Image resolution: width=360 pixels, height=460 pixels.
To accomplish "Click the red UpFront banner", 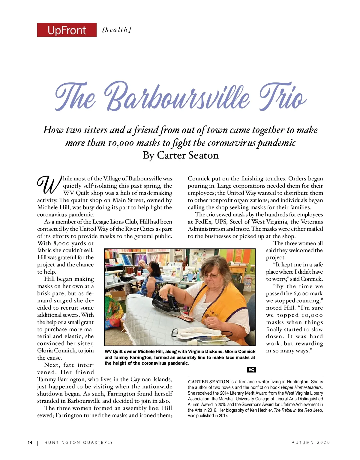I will click(67, 30).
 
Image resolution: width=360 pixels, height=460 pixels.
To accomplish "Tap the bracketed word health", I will click(117, 30).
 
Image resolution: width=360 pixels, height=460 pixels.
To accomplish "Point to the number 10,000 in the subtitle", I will click(121, 143).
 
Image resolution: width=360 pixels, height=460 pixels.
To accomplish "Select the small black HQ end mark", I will click(251, 369).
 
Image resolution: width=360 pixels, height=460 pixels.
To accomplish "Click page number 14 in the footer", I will click(30, 442).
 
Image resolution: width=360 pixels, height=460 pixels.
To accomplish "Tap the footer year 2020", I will click(323, 442).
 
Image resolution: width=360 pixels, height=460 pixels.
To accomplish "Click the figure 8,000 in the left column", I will click(65, 243).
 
